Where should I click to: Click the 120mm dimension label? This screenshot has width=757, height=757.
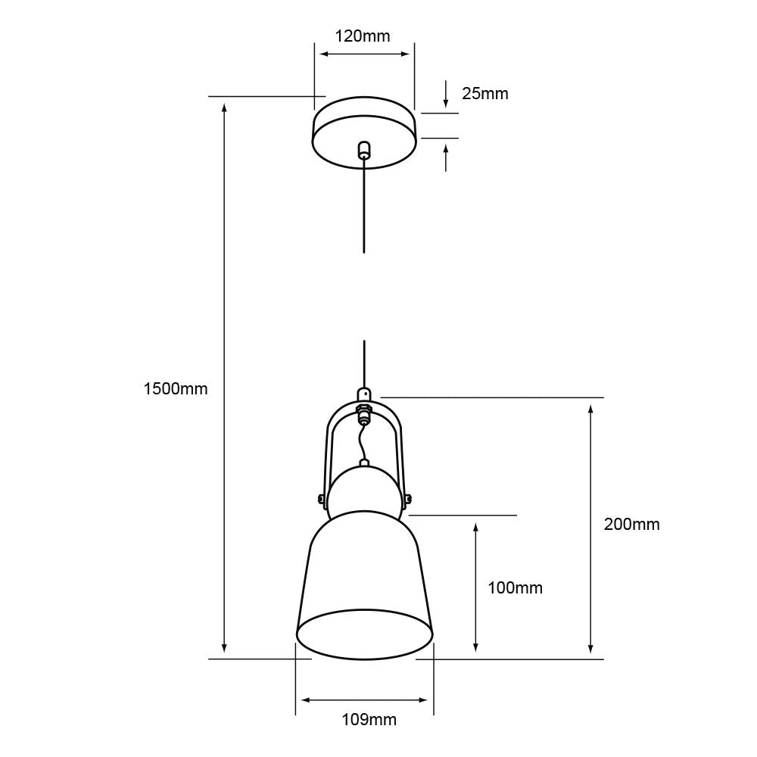click(x=363, y=36)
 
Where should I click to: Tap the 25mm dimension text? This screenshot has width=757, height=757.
click(x=484, y=94)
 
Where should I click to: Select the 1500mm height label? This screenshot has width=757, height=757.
click(x=176, y=388)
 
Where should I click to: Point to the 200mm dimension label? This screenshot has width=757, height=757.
click(x=631, y=525)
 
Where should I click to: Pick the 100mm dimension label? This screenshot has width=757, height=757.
click(x=515, y=588)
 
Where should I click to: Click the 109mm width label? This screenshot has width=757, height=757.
click(x=369, y=720)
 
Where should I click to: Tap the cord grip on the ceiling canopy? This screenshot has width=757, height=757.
click(x=364, y=149)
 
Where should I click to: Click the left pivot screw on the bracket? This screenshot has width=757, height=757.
click(x=320, y=498)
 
